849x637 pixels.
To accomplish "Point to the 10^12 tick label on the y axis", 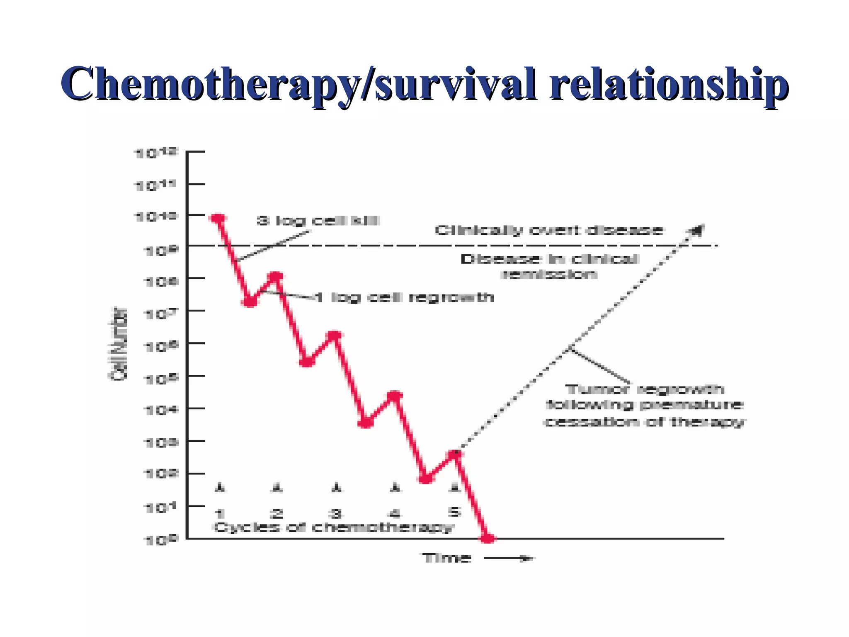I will (156, 153).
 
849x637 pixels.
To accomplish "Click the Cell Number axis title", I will (118, 343).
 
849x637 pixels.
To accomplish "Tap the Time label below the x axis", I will (446, 558).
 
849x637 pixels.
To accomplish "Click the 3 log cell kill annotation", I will (318, 221).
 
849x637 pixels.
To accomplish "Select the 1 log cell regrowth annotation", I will (404, 297).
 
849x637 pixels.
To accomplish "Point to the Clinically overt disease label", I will (548, 230).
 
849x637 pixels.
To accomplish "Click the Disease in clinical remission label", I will (549, 267).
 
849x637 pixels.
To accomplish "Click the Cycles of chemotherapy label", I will (334, 528).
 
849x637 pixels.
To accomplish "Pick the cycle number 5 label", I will (455, 512).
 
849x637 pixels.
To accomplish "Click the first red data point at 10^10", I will (218, 219).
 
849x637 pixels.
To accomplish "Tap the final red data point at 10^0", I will (488, 538).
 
